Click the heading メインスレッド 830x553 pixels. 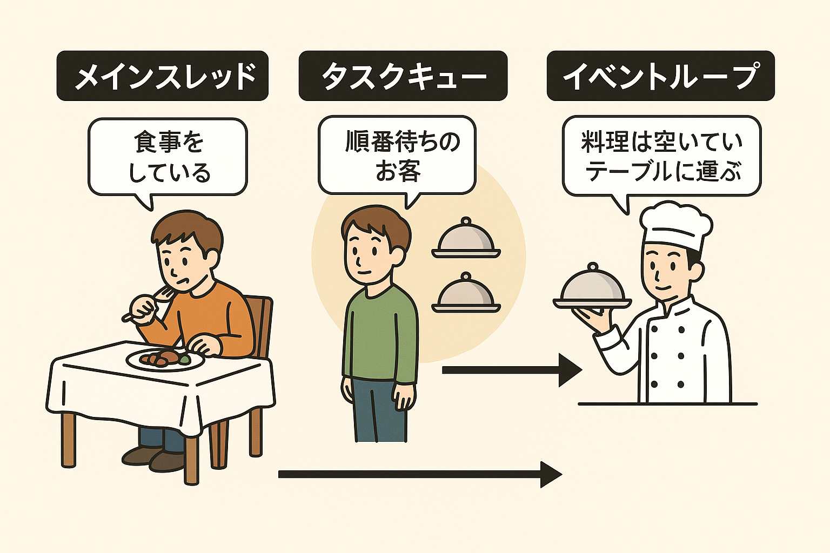tap(163, 76)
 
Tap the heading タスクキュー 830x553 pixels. tap(403, 76)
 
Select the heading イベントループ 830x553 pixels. tap(660, 76)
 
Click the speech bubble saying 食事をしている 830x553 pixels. tap(168, 157)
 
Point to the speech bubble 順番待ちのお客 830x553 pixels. tap(397, 156)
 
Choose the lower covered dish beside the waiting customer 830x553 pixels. tap(466, 294)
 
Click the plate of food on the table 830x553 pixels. tap(165, 358)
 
